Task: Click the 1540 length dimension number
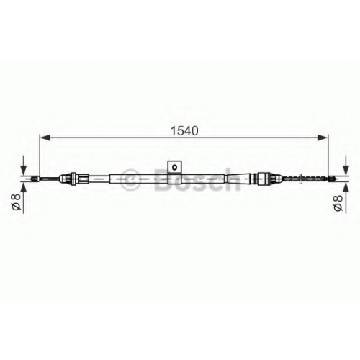coord(184,131)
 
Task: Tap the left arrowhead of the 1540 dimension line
coord(45,138)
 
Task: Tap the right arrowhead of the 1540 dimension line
coord(323,138)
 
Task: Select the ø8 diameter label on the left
coord(17,202)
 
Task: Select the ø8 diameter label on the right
coord(338,202)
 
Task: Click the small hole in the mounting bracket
coord(175,167)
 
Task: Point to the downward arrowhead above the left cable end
coord(23,171)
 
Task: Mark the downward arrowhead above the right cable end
coord(346,171)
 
